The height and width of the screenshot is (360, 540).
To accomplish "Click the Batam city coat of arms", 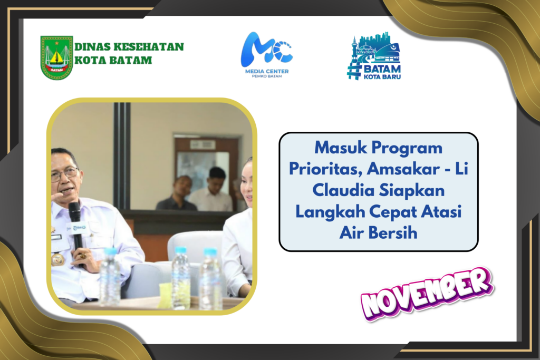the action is [x=56, y=57].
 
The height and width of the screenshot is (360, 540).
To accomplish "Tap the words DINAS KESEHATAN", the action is [x=129, y=47].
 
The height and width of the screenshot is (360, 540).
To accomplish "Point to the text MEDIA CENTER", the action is [x=267, y=71].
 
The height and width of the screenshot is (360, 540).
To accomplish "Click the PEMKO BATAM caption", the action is [x=267, y=76].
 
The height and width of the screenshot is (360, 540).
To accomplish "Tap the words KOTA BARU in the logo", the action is [x=382, y=77].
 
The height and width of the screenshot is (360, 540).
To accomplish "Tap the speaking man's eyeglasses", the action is [x=65, y=174].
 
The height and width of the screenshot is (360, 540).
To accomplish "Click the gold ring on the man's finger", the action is [x=83, y=256].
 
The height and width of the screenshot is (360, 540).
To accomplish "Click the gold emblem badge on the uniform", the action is [x=57, y=259].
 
